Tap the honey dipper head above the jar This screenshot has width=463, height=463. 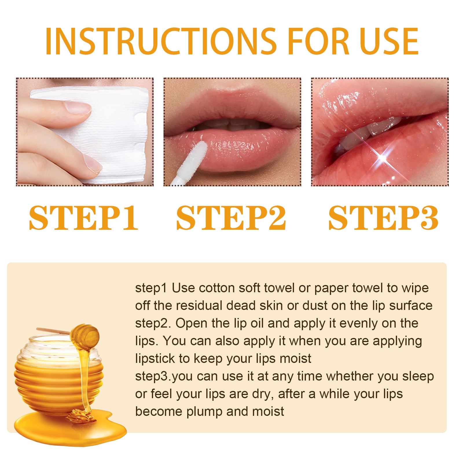pos(85,336)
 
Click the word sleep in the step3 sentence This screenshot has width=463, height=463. pos(418,376)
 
